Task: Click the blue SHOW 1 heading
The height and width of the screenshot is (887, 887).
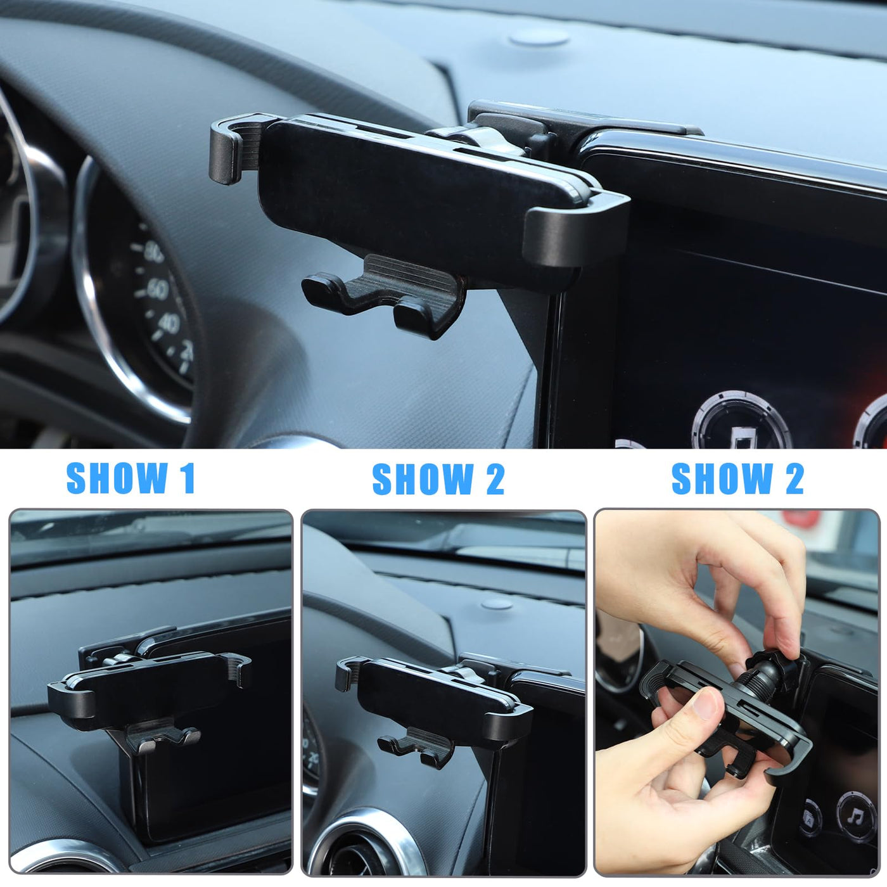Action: tap(131, 478)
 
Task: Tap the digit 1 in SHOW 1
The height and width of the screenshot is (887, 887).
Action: tap(188, 478)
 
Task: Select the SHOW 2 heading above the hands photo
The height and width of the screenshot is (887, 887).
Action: tap(737, 479)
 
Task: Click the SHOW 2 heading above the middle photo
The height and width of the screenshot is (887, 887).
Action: tap(438, 479)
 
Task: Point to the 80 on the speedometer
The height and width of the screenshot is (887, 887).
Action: tap(153, 252)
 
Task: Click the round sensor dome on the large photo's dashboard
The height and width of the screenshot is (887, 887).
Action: tap(539, 38)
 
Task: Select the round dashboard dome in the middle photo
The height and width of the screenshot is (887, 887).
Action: tap(497, 604)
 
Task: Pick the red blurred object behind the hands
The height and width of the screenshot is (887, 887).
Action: tap(801, 519)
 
